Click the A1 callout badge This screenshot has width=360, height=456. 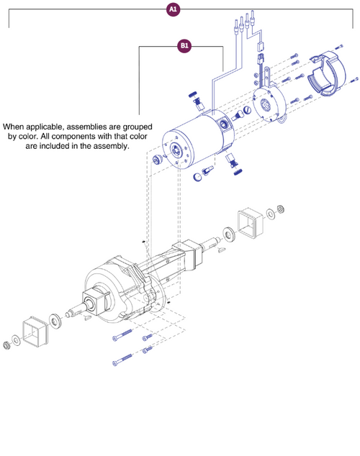[x=173, y=10]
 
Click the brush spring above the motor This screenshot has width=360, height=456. [x=193, y=97]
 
